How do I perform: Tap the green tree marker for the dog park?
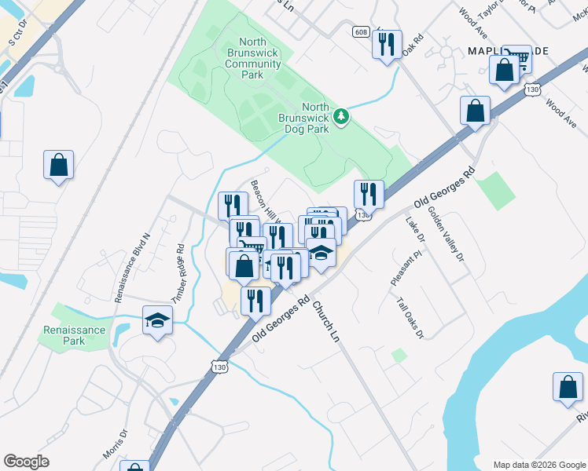tap(341, 117)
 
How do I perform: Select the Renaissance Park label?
tap(75, 335)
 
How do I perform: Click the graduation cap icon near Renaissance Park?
tap(157, 320)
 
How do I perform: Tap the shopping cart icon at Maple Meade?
tap(516, 57)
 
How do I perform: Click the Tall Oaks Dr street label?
tap(410, 318)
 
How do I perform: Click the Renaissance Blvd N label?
tap(131, 268)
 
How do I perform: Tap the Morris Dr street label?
tap(114, 444)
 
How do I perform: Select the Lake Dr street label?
tap(416, 229)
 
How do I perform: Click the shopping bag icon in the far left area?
tap(59, 165)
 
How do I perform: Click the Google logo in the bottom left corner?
tap(26, 462)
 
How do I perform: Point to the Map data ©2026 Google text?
tap(538, 464)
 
